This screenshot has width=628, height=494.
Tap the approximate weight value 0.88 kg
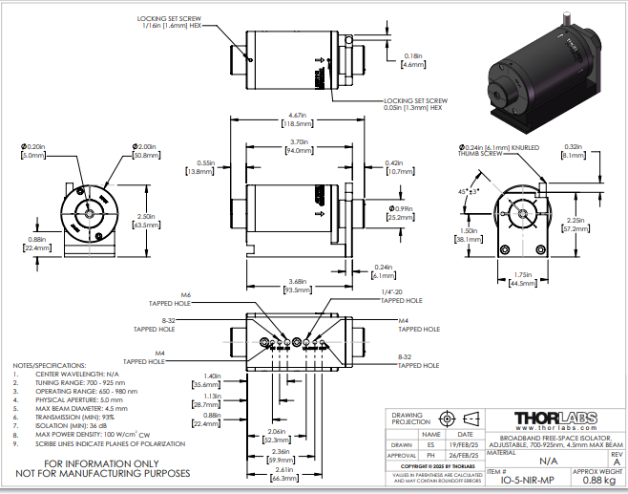597,482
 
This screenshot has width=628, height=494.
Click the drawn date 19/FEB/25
466,445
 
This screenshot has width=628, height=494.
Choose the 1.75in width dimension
519,278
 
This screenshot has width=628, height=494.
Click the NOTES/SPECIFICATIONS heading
49,366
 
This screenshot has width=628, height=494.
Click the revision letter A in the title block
616,462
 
